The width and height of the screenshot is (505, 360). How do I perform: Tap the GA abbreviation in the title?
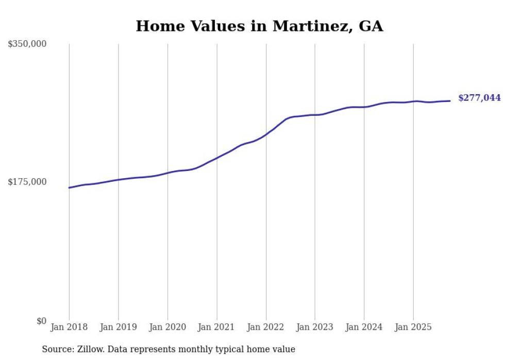click(371, 26)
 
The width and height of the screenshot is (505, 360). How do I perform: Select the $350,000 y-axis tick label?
click(27, 44)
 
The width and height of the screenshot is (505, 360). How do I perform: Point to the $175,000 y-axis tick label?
click(27, 182)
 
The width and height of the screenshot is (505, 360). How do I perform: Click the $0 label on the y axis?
click(41, 321)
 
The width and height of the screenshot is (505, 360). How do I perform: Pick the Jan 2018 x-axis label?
click(69, 327)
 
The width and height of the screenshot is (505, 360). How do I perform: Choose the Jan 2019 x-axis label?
click(118, 327)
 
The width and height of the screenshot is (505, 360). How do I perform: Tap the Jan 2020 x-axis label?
click(167, 327)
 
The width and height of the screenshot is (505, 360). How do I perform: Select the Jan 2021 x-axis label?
click(216, 327)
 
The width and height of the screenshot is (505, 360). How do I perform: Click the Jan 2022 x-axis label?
click(266, 327)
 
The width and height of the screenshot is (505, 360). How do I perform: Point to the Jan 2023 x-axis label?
click(315, 327)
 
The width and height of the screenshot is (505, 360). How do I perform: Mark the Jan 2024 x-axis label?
click(364, 327)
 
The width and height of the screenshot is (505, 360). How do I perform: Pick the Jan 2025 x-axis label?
click(413, 327)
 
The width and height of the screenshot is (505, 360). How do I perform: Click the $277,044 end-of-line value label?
click(479, 98)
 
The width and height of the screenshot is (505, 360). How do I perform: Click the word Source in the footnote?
click(56, 349)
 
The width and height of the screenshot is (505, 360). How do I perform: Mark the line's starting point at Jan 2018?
click(69, 187)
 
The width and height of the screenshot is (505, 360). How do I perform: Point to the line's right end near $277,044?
click(450, 101)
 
